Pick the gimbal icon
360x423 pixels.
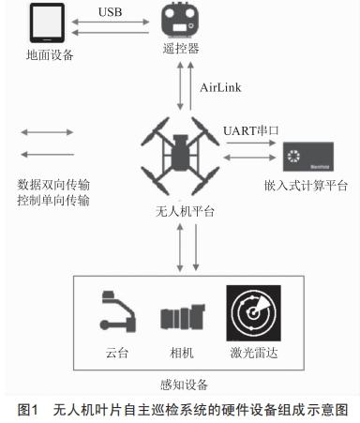pyautogui.click(x=116, y=314)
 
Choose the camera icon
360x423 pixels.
pyautogui.click(x=178, y=317)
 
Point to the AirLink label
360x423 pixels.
pyautogui.click(x=221, y=87)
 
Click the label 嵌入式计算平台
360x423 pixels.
pyautogui.click(x=307, y=186)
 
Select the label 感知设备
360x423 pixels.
pyautogui.click(x=185, y=384)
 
